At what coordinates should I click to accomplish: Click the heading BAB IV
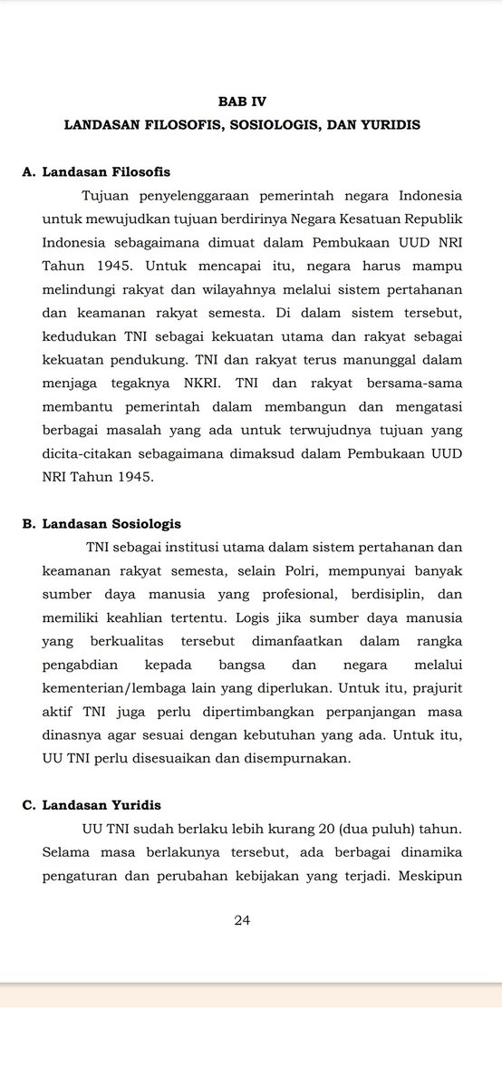242,102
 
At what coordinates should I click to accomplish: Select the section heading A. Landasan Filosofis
96,171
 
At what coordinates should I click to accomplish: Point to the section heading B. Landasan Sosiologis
101,524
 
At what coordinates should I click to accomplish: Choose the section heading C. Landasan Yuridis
92,805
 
